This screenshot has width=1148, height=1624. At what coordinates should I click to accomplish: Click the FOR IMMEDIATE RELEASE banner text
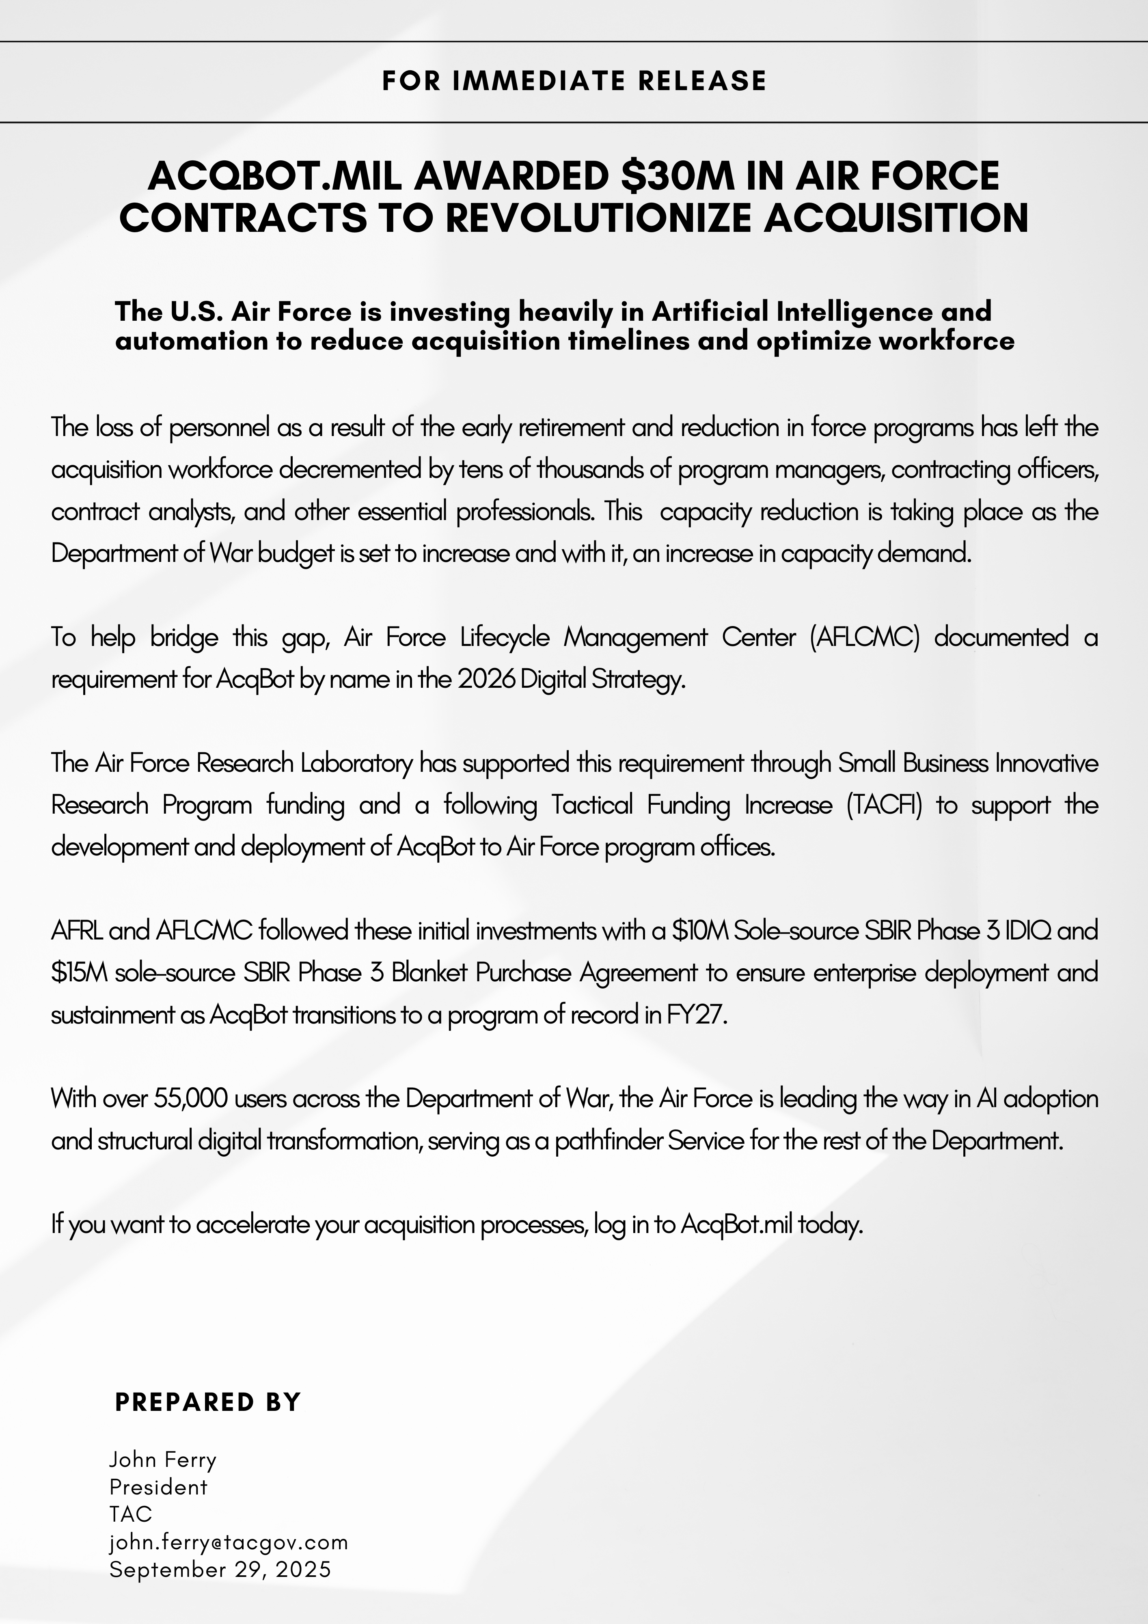pos(574,81)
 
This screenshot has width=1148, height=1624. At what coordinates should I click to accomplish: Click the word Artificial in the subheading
pos(710,311)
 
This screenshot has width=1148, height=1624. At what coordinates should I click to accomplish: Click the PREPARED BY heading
pos(208,1402)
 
